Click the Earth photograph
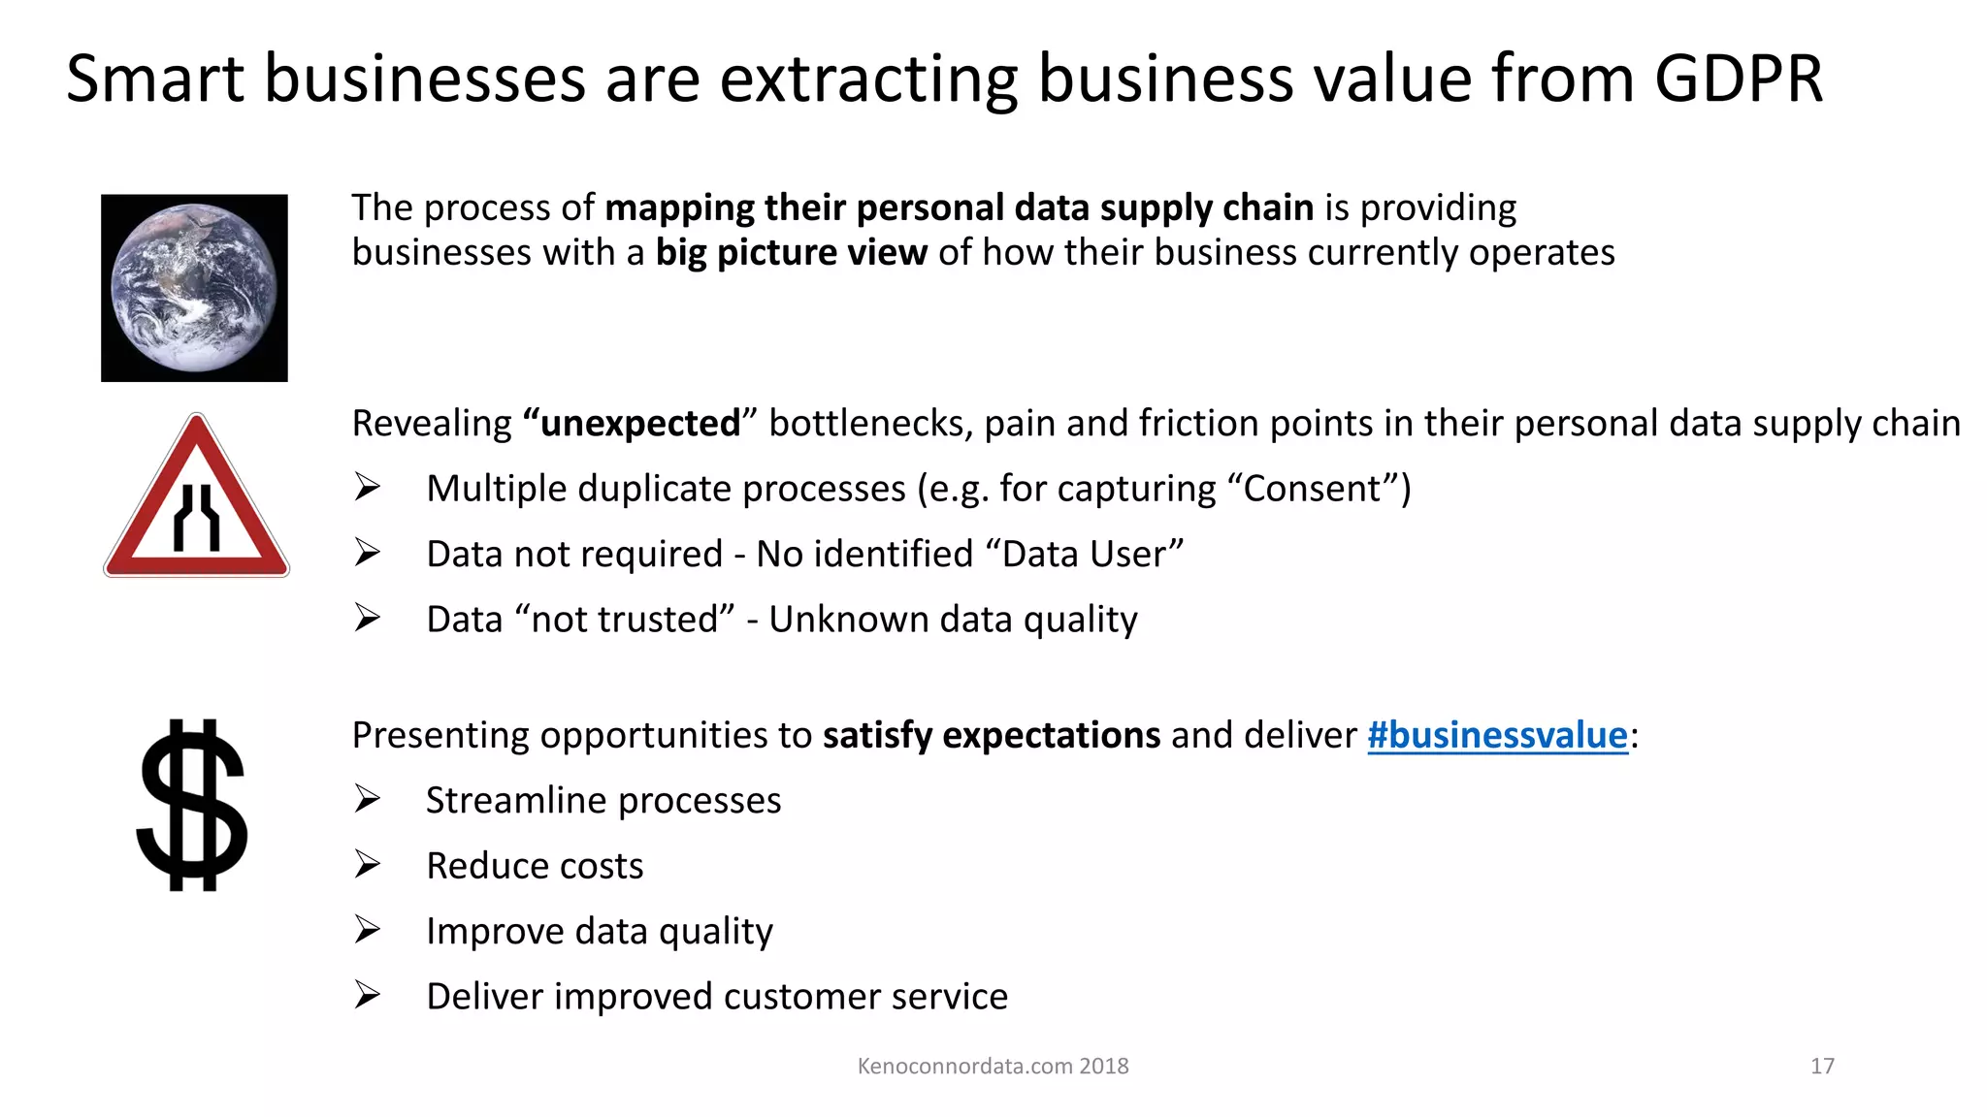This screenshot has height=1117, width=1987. [x=194, y=288]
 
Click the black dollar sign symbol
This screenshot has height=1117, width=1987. [x=192, y=805]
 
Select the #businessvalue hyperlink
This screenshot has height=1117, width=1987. [x=1497, y=735]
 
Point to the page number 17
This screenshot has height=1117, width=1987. [x=1822, y=1066]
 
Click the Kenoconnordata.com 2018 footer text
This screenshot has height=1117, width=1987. [x=993, y=1066]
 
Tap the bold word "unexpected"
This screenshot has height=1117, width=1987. [x=639, y=424]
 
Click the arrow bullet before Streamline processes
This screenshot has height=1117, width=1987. [x=367, y=799]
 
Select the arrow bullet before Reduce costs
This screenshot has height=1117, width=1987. [x=367, y=864]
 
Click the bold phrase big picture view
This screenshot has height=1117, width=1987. [x=791, y=252]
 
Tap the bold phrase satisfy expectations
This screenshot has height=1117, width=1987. [x=991, y=735]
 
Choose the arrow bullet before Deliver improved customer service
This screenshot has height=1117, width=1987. [x=367, y=995]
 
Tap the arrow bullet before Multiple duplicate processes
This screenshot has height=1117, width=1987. [x=367, y=487]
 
